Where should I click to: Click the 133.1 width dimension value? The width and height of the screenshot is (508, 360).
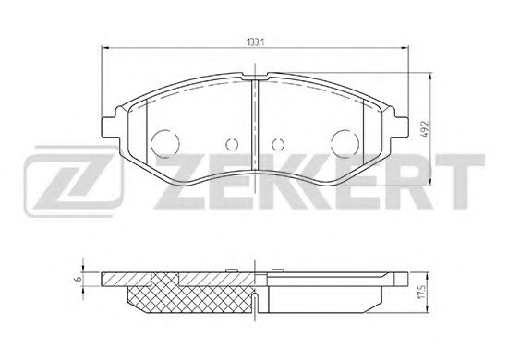pos(256,42)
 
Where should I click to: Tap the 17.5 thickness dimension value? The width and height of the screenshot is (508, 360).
pos(421,293)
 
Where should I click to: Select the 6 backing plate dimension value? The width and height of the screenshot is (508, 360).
pos(78,279)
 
